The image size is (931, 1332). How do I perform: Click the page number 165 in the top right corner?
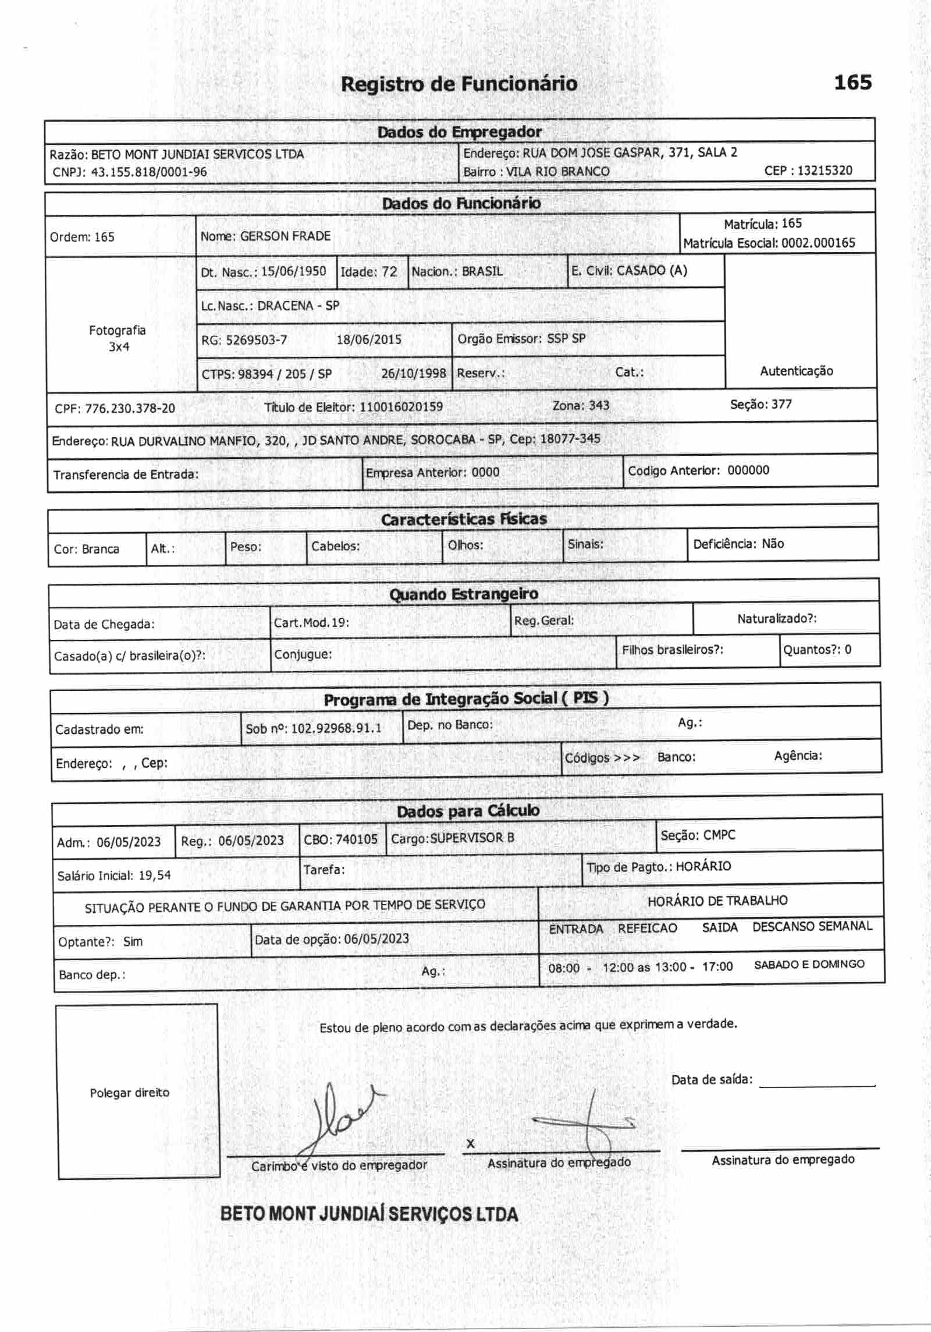[852, 82]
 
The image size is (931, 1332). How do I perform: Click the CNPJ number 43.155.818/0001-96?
[149, 172]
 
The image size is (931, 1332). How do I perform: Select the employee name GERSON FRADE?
[285, 236]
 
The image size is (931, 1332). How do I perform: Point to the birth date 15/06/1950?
[293, 271]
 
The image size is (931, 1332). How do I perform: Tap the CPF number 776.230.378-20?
[130, 408]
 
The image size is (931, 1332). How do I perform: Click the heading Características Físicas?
[464, 519]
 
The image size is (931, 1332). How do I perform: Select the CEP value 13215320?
[825, 171]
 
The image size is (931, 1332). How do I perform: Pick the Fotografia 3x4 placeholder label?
[118, 338]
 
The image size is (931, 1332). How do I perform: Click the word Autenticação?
[796, 371]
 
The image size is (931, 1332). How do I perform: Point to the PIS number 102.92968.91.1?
[336, 728]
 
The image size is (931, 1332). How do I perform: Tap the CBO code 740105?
[357, 839]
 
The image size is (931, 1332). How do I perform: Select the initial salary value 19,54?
[154, 875]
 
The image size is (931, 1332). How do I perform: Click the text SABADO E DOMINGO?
[809, 964]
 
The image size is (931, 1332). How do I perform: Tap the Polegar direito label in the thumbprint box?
[129, 1093]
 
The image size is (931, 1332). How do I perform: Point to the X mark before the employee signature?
[470, 1144]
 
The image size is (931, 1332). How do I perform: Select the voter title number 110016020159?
[401, 406]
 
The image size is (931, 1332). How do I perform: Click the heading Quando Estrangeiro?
[463, 594]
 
